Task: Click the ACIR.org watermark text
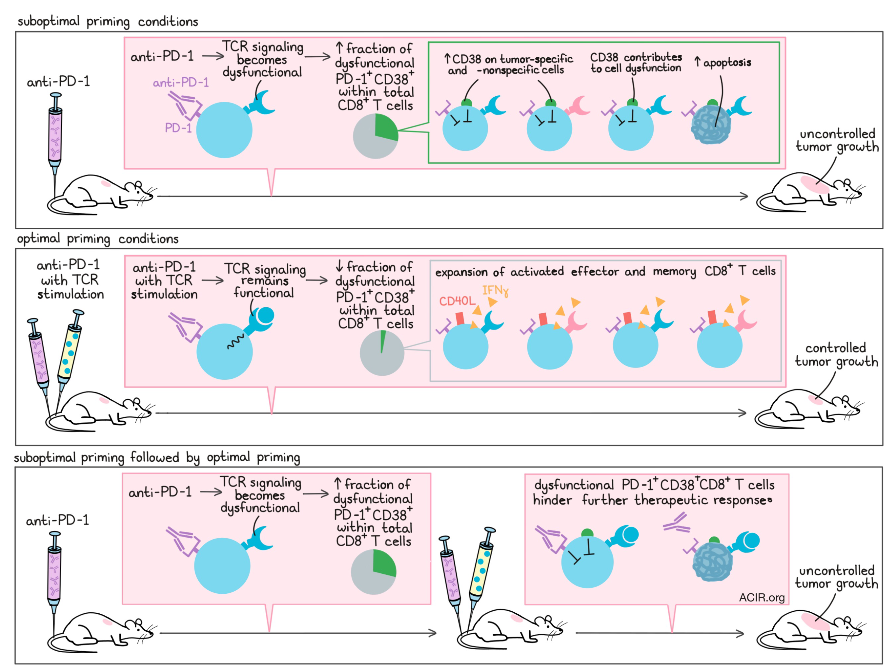click(x=762, y=598)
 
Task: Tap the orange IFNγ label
click(x=495, y=291)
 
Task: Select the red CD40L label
click(x=457, y=301)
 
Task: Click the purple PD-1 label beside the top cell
click(x=178, y=128)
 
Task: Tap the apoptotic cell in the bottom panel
click(x=713, y=561)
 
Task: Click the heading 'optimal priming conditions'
click(x=98, y=239)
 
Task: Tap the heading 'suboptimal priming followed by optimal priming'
click(x=157, y=458)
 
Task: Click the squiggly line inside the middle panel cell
click(x=235, y=342)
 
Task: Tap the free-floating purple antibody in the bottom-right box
click(x=677, y=522)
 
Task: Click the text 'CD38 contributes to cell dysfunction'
click(x=636, y=63)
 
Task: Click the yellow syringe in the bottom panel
click(x=481, y=575)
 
